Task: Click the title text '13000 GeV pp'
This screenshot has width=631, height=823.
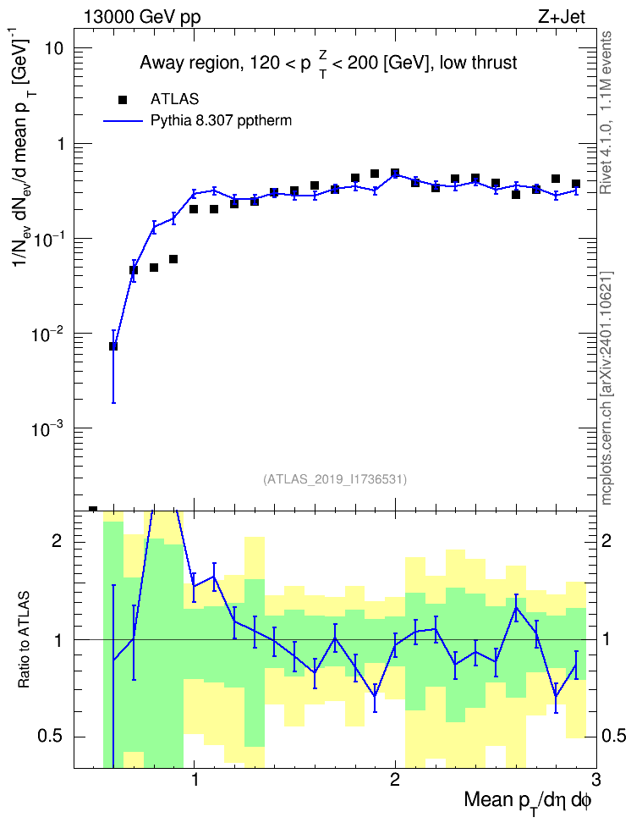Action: [x=142, y=17]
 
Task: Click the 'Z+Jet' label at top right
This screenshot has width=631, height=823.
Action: [x=562, y=17]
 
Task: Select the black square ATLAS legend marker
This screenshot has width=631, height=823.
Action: [x=123, y=100]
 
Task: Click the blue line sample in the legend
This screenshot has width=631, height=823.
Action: [x=123, y=121]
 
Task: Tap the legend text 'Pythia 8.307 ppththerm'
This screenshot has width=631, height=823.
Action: [x=221, y=121]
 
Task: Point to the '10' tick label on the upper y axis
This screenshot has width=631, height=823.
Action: [x=52, y=48]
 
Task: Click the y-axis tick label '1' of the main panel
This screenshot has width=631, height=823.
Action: [x=59, y=144]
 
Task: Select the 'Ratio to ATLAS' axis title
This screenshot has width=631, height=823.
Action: [x=24, y=640]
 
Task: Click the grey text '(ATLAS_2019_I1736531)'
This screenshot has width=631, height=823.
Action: [x=335, y=479]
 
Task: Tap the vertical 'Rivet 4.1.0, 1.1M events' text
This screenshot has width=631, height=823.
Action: [x=606, y=113]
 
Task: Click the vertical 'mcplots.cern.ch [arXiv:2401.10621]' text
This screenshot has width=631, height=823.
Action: [x=606, y=389]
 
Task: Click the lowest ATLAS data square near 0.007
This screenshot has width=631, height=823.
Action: [x=113, y=346]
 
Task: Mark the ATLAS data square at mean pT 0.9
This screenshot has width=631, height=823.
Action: [x=173, y=259]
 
